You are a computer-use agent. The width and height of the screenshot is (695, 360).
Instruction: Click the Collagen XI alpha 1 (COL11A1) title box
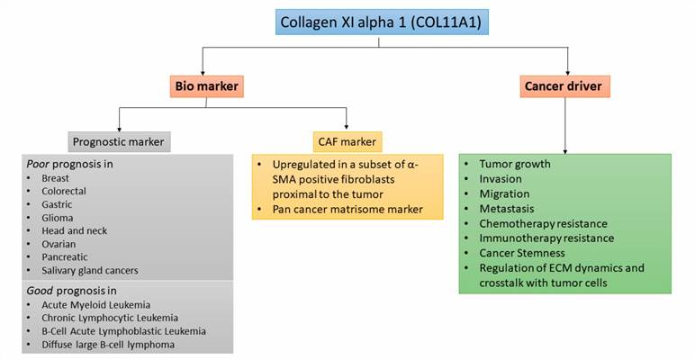pos(382,22)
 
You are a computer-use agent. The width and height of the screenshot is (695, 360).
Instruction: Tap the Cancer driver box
pos(566,87)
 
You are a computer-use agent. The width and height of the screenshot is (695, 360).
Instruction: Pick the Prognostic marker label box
pos(121,141)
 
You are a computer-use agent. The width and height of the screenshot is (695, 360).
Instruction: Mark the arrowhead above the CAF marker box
pos(349,128)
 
